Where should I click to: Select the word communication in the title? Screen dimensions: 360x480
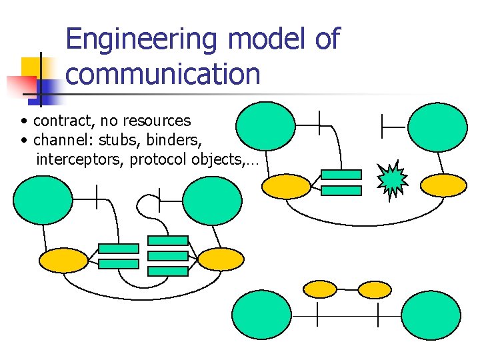pos(163,74)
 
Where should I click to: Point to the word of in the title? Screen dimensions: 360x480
pos(326,39)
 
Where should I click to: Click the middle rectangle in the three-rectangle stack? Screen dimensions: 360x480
pos(167,256)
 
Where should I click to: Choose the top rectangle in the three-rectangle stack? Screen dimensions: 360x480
pos(167,241)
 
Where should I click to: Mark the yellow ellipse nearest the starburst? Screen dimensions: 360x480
pos(445,186)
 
